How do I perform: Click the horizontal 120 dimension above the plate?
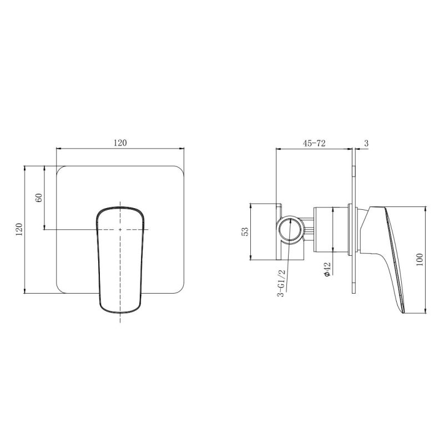pyautogui.click(x=120, y=143)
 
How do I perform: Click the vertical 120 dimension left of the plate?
pyautogui.click(x=19, y=230)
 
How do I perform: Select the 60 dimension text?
pyautogui.click(x=39, y=198)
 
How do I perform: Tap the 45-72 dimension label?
pyautogui.click(x=314, y=143)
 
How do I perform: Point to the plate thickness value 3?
pyautogui.click(x=366, y=143)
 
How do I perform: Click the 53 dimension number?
pyautogui.click(x=245, y=231)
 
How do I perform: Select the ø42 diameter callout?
pyautogui.click(x=327, y=269)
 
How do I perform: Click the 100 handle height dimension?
pyautogui.click(x=420, y=259)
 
